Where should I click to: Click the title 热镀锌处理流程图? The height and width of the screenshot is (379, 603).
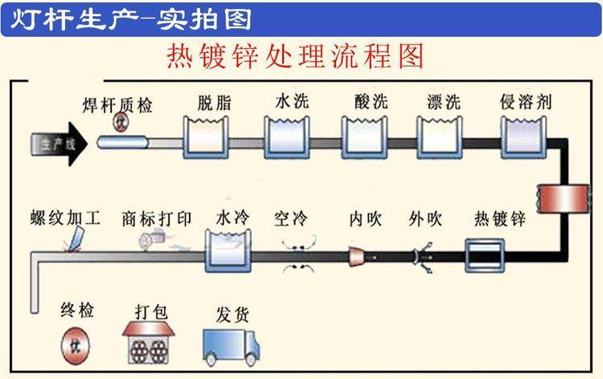[293, 55]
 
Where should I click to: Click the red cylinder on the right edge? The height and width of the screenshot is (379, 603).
[562, 198]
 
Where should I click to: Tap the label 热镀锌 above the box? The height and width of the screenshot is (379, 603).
[499, 218]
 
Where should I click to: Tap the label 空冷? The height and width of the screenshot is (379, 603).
[293, 218]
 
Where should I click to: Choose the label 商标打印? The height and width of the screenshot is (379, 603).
[158, 218]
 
